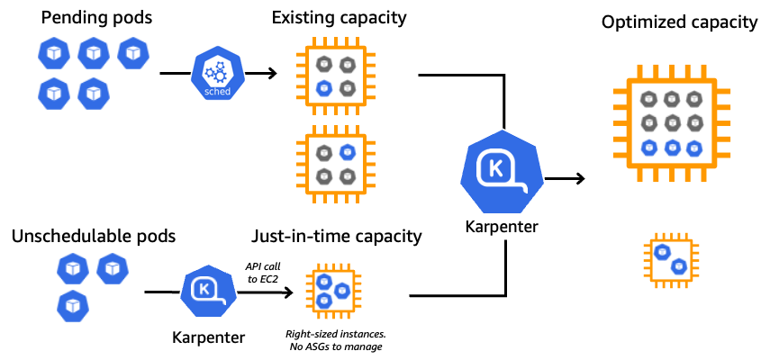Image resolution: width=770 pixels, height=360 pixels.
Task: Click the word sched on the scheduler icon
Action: [x=217, y=92]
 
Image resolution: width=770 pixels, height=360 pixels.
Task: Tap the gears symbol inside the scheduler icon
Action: [x=216, y=71]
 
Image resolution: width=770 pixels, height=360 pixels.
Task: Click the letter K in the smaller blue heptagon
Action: [x=204, y=289]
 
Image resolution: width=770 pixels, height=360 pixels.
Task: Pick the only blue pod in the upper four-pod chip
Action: [x=324, y=88]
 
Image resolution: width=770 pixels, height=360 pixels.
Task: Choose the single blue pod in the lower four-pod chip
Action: [x=348, y=152]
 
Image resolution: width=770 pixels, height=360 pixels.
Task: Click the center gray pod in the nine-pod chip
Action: [x=672, y=122]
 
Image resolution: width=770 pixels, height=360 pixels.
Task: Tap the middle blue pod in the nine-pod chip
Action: [x=672, y=148]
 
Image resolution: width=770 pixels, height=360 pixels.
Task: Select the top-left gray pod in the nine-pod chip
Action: [x=648, y=99]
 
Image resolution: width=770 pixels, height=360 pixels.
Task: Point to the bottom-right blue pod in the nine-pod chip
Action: [x=694, y=148]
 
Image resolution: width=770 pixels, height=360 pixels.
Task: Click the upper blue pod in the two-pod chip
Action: [x=662, y=252]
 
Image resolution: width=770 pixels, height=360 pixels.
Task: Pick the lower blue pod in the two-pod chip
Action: [x=679, y=266]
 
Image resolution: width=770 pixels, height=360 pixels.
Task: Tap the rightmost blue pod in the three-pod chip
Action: [x=342, y=291]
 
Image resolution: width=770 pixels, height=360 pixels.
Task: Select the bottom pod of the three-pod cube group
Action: [x=73, y=306]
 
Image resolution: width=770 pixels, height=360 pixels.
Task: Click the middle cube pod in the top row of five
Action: [x=94, y=53]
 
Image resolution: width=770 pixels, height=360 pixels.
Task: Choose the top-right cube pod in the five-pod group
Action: [x=133, y=53]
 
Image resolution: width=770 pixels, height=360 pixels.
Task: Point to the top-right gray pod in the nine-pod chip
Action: [x=694, y=99]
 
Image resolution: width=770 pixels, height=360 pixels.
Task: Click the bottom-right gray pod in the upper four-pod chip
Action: [x=348, y=88]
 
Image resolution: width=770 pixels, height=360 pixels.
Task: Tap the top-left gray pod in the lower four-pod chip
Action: [x=324, y=153]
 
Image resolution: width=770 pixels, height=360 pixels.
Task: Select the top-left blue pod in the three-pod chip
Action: [x=324, y=282]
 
